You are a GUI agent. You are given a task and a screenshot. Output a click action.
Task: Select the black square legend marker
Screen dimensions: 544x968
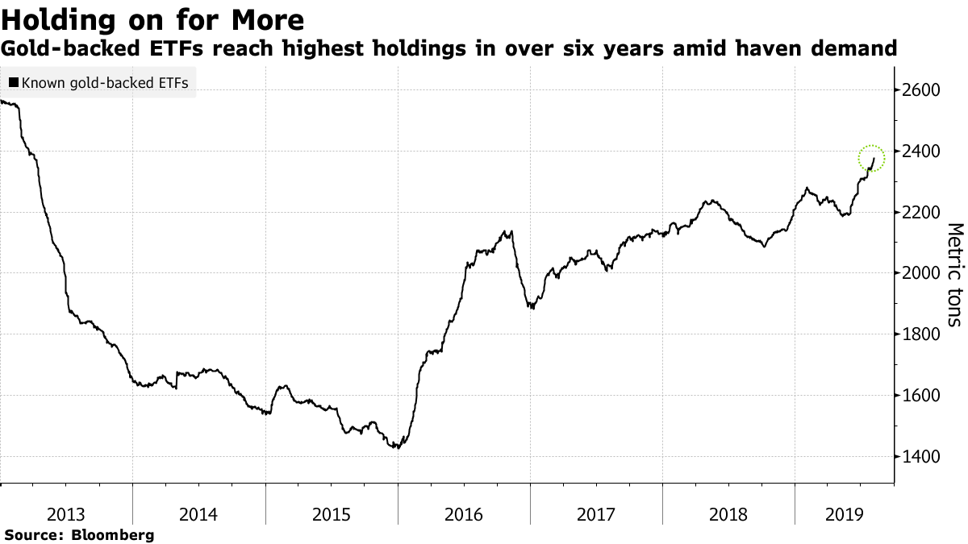[x=14, y=82]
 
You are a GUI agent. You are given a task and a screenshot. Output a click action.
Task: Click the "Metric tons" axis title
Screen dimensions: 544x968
[x=954, y=274]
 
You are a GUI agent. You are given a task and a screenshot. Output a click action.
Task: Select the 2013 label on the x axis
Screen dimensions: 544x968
[x=67, y=513]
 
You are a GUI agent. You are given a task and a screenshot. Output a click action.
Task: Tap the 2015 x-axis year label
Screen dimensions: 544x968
[x=332, y=513]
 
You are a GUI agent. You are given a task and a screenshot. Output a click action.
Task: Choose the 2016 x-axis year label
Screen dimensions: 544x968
[x=465, y=513]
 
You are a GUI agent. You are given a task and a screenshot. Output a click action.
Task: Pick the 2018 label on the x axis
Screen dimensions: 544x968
[x=729, y=513]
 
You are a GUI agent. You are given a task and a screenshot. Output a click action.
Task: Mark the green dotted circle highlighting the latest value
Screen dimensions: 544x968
[x=872, y=157]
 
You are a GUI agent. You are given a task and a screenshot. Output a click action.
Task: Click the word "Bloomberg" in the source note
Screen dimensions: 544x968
[x=114, y=534]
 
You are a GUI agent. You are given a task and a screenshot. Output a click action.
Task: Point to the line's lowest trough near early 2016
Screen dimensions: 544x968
[x=396, y=446]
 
